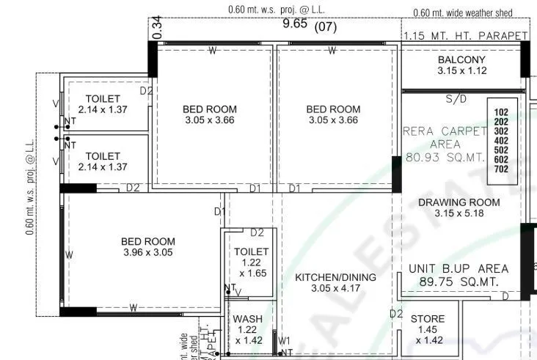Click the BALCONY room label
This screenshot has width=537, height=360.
click(462, 59)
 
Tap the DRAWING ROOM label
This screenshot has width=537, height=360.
click(459, 202)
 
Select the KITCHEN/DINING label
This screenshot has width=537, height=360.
click(335, 277)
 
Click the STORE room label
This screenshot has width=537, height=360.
click(427, 319)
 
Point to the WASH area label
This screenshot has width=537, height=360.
click(248, 319)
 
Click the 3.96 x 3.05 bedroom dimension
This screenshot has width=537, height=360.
click(148, 253)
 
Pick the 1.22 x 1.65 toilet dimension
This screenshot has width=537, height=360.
click(252, 268)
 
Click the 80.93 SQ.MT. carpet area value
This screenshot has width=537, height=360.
click(446, 157)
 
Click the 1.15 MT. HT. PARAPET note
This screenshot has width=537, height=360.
click(465, 35)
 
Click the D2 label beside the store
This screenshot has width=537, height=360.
click(396, 314)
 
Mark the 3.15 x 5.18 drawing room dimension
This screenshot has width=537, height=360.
click(459, 214)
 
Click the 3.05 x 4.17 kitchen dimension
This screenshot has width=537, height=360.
click(335, 289)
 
